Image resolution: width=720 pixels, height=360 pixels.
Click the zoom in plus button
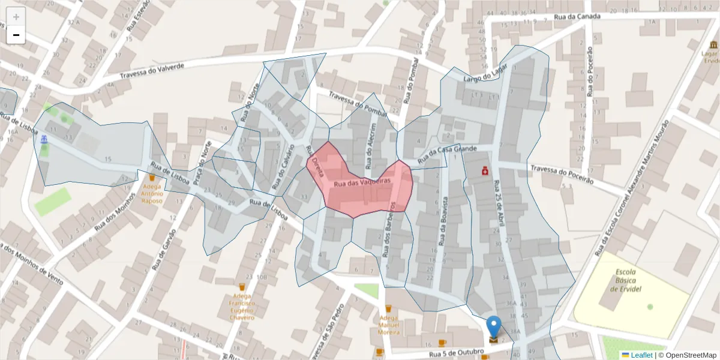16,17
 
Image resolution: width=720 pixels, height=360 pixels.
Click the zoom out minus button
16,35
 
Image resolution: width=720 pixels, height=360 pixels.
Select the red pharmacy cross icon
485,172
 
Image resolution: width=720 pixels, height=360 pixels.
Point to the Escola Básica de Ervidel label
630,281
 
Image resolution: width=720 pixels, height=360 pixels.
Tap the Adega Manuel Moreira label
388,325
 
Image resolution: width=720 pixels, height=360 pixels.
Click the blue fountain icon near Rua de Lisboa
44,140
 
